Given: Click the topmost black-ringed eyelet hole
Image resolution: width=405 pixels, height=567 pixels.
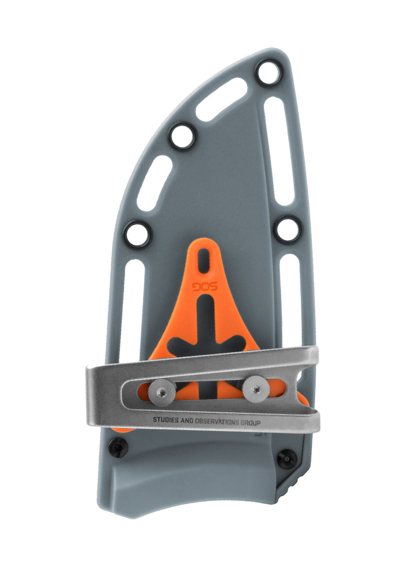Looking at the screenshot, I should click(269, 72).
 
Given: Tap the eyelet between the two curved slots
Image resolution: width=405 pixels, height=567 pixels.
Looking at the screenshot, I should click(182, 136).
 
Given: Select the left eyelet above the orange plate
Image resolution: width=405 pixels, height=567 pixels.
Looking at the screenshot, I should click(137, 235).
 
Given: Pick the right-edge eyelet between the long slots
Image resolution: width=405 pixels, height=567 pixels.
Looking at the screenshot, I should click(287, 229).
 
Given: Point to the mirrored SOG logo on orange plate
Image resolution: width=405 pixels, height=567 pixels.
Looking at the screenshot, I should click(205, 287).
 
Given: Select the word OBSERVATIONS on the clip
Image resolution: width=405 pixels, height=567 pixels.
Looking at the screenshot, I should click(216, 422).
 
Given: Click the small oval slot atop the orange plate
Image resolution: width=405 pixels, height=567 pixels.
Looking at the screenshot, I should click(204, 261).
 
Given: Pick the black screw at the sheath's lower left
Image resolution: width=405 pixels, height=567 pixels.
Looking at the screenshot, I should click(119, 447).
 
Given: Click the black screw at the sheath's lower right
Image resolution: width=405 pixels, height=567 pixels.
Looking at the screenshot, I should click(287, 459).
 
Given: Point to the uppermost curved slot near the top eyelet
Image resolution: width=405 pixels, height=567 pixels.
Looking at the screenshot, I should click(221, 99).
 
